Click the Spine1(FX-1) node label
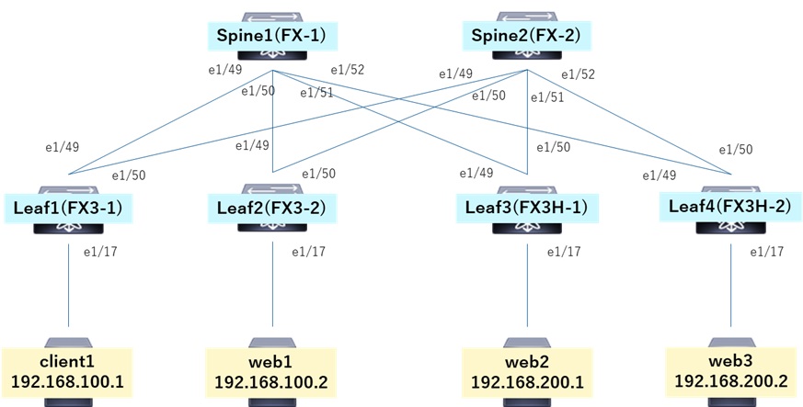tap(271, 37)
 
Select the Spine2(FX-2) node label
tap(525, 37)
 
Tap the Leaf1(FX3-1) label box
tap(69, 208)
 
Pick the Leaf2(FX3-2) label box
tap(271, 209)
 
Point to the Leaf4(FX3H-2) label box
tap(728, 207)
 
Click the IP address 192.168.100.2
tap(271, 381)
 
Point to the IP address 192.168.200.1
tap(526, 381)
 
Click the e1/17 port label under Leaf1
tap(101, 251)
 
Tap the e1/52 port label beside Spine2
tap(577, 73)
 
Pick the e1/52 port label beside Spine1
tap(347, 70)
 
